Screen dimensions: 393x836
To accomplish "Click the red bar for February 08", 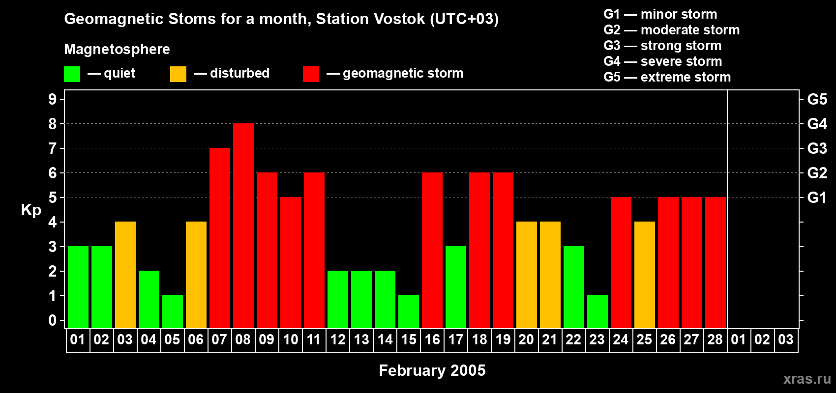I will click(243, 226).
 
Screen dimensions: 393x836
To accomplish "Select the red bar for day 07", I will click(220, 238).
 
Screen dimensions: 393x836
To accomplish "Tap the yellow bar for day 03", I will click(125, 275).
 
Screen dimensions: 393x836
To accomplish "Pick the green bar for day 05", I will click(173, 312).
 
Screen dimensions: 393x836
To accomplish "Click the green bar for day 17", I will click(456, 287).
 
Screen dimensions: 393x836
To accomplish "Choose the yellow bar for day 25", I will click(645, 275).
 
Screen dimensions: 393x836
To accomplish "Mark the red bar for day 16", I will click(432, 251).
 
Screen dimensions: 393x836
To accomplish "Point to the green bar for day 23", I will click(597, 312).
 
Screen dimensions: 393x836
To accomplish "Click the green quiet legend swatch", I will click(72, 74).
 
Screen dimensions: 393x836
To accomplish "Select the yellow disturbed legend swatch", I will click(178, 74).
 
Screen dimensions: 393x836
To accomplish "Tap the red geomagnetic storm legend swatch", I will click(311, 74).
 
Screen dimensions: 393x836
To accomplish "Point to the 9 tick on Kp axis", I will click(53, 99).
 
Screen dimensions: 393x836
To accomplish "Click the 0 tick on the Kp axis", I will click(53, 321).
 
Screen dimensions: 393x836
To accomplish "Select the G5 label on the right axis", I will click(817, 99).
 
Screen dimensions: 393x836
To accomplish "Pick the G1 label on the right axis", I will click(817, 197).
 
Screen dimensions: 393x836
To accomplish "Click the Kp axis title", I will click(31, 210).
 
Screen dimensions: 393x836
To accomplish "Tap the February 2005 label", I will click(432, 370).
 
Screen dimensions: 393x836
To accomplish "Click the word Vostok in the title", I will click(399, 19).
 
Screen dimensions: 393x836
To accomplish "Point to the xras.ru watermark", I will click(806, 379).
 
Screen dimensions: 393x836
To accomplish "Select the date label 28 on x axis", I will click(715, 340).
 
